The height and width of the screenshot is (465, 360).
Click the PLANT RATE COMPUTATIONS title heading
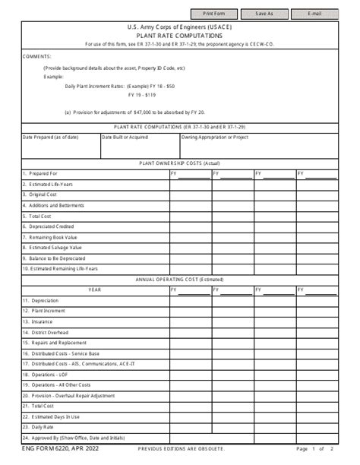179,35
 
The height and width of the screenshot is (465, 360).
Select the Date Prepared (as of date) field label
50,138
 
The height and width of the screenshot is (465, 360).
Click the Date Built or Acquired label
125,138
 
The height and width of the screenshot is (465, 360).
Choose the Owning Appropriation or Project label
216,138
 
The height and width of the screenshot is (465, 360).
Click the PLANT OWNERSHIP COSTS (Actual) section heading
179,163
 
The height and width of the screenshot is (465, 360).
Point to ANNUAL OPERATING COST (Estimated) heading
179,280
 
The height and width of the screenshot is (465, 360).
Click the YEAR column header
94,290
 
